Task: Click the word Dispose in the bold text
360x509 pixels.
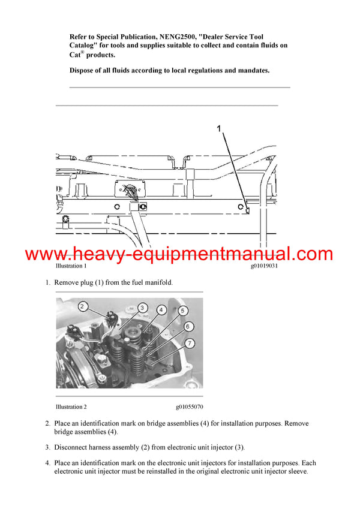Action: (x=83, y=70)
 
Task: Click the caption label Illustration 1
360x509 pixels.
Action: (x=71, y=266)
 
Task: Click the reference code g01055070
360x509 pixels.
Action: (x=190, y=406)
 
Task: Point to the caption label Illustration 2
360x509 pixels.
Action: (x=71, y=406)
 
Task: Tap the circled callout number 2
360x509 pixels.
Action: (x=83, y=306)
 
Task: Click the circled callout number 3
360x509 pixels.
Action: (x=143, y=308)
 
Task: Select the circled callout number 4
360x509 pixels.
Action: (x=161, y=310)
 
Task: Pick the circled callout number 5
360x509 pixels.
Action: (x=182, y=311)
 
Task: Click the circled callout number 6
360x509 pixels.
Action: (x=188, y=326)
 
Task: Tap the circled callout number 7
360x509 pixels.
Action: (x=189, y=342)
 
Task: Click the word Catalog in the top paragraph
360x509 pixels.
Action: (x=83, y=46)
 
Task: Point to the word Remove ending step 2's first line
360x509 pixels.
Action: (x=296, y=423)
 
